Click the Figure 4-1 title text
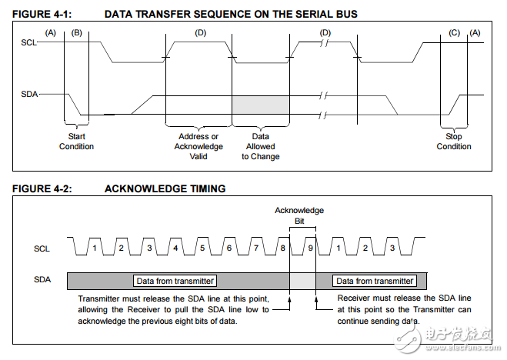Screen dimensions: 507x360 185,14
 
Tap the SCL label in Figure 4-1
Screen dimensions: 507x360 28,42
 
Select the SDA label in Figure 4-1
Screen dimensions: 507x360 29,94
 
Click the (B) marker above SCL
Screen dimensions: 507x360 77,32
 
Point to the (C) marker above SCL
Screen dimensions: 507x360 454,32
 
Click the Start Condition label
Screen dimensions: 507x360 76,142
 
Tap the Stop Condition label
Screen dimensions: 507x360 454,142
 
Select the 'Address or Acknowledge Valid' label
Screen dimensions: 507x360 198,146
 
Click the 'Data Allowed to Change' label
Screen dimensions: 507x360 261,146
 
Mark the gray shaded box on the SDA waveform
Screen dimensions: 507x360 261,105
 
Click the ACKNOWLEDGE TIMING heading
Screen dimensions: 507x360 165,188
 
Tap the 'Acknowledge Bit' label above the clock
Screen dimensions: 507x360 299,215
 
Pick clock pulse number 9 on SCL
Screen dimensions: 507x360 310,248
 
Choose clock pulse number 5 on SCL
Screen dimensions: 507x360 202,248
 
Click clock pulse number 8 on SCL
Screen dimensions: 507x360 283,248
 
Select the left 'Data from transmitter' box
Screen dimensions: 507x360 175,281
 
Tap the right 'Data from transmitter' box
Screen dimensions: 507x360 375,281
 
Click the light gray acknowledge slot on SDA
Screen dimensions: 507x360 302,281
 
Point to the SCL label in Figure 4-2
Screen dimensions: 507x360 42,248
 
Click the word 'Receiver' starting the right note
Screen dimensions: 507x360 353,298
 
